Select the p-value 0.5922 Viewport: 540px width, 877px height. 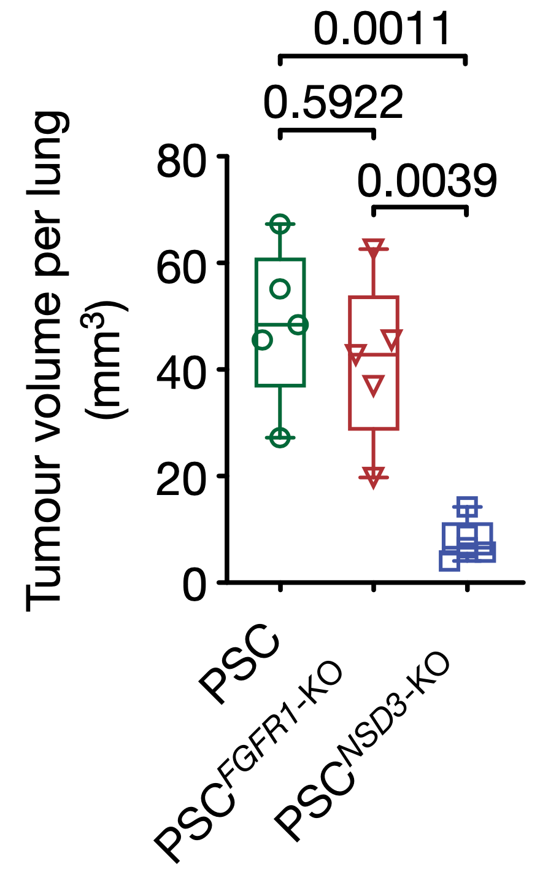(333, 102)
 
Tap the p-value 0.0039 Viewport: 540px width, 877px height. (427, 181)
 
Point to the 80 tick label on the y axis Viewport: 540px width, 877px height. (181, 160)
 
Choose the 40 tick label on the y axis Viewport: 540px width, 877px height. (181, 373)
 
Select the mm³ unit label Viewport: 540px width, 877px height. (104, 360)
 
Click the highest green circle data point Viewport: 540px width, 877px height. (280, 224)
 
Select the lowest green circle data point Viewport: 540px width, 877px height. (280, 437)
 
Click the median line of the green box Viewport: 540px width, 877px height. (280, 324)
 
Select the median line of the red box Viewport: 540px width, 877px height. (374, 354)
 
